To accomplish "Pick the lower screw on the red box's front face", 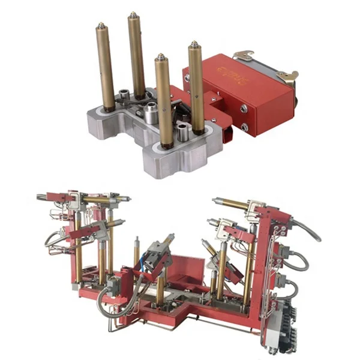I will pos(245,127).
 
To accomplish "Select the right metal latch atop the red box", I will pos(287,76).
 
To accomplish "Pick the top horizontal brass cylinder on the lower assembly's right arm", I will pos(231,204).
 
